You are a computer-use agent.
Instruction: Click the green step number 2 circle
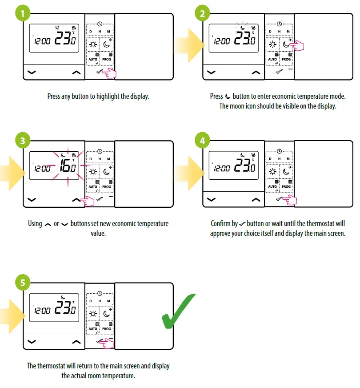203,13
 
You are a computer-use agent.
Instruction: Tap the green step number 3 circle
22,141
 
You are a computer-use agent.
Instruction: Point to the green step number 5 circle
23,283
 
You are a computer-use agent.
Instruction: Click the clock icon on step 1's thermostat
100,24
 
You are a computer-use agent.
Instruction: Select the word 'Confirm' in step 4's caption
222,223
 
